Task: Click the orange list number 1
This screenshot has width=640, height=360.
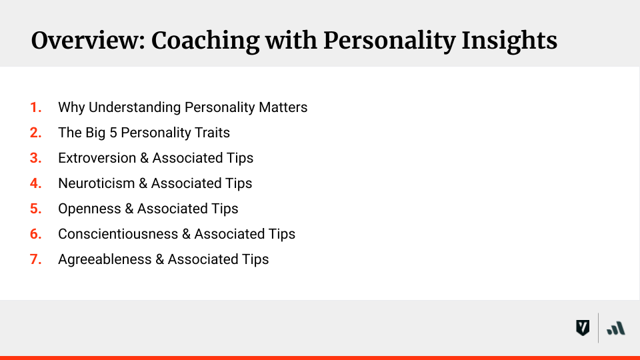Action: pyautogui.click(x=35, y=107)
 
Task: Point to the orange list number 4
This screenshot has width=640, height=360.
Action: pyautogui.click(x=35, y=183)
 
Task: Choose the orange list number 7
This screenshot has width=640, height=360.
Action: pyautogui.click(x=35, y=259)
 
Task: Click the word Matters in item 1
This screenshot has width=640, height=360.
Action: pyautogui.click(x=283, y=107)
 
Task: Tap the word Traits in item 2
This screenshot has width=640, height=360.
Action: pyautogui.click(x=212, y=133)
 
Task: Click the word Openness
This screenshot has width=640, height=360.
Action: pyautogui.click(x=85, y=209)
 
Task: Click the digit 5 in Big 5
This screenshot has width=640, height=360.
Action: pyautogui.click(x=113, y=133)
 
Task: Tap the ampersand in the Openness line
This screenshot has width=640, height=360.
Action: pyautogui.click(x=128, y=209)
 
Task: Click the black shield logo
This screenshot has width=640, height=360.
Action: pyautogui.click(x=582, y=327)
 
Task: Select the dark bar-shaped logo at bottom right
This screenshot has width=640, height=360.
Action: pyautogui.click(x=616, y=327)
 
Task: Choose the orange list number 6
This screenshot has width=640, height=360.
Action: pyautogui.click(x=35, y=234)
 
